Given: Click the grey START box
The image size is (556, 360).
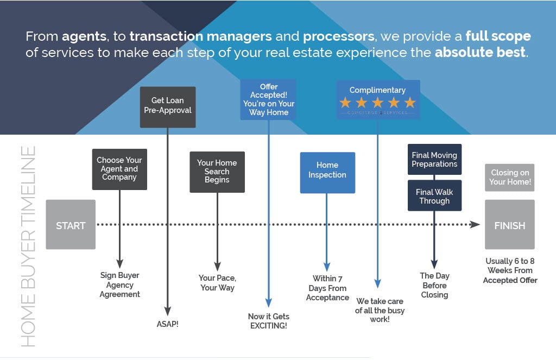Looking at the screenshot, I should [71, 225].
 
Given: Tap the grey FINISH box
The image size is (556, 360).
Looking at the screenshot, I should [509, 225].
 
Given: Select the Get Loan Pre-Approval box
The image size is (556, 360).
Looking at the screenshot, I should [167, 105].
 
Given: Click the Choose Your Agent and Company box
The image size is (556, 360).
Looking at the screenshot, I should [119, 169].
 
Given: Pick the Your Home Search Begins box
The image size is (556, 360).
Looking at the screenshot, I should [217, 172].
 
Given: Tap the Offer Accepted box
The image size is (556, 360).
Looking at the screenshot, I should [268, 99].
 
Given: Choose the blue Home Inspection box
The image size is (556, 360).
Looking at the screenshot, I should [327, 170].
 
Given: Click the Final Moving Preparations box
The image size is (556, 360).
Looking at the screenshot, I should [434, 160].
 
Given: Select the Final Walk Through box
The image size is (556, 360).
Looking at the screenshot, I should [434, 196].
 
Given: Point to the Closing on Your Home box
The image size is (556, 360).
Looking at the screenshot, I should [509, 178].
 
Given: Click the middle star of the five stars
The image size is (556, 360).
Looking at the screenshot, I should [378, 103].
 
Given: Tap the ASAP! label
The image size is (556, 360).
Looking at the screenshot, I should [167, 325].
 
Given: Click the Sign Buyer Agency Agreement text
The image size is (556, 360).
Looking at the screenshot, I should [120, 285].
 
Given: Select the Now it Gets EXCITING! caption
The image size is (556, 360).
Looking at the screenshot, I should [268, 321].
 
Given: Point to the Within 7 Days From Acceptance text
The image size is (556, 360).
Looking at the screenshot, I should [327, 288].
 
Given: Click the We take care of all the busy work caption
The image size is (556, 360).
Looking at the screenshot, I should [380, 310].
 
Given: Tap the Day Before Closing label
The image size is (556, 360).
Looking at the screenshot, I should [434, 286].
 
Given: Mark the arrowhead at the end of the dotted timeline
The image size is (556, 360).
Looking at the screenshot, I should [475, 225].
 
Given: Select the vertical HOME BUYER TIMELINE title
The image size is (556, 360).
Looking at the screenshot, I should [29, 247].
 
